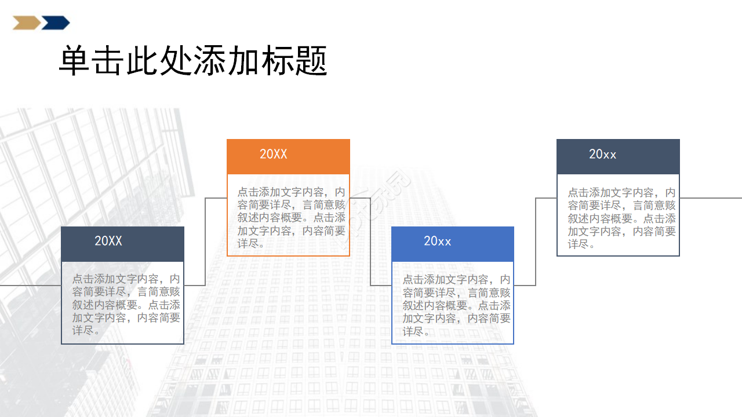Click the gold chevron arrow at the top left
[26, 23]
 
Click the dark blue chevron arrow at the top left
[56, 23]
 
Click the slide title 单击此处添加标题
[193, 61]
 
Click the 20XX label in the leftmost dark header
[108, 242]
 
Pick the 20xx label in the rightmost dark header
[603, 155]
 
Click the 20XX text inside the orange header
[274, 155]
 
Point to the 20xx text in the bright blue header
[438, 242]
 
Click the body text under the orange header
[291, 218]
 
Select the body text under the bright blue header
[457, 305]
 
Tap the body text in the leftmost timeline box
[126, 305]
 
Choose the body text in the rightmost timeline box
[621, 218]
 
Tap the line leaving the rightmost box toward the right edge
[711, 198]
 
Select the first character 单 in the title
[75, 61]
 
